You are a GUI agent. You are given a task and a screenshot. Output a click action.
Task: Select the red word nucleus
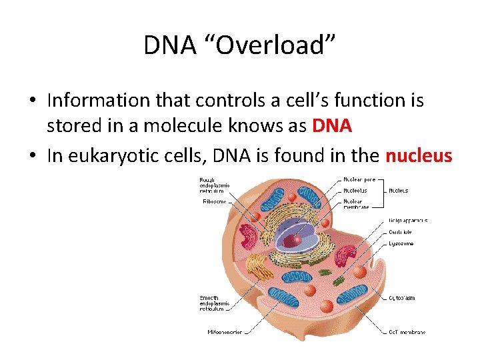(419, 156)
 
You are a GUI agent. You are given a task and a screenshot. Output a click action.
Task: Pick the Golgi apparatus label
(407, 221)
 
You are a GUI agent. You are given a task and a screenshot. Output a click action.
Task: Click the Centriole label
(401, 232)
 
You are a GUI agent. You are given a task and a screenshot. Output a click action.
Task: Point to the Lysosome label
(401, 243)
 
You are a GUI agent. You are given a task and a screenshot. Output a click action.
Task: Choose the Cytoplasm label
(401, 298)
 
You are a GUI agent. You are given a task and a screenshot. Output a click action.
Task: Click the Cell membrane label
(407, 331)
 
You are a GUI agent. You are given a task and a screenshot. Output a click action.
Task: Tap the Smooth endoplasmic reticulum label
(215, 303)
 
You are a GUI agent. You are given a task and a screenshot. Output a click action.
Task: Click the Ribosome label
(215, 201)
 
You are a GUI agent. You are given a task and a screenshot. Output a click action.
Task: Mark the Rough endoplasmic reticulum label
(215, 185)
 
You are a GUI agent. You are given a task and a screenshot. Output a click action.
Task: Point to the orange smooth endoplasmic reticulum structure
(257, 267)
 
